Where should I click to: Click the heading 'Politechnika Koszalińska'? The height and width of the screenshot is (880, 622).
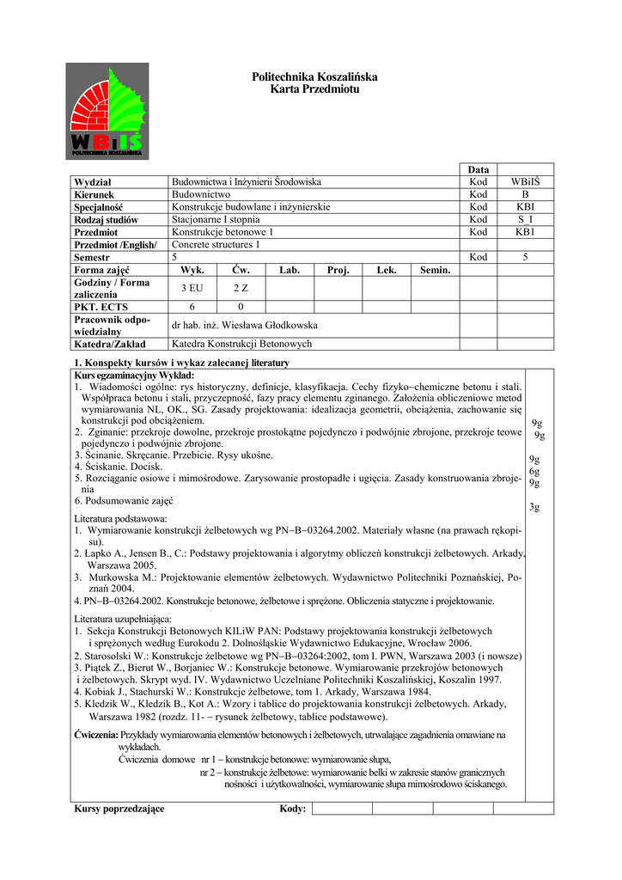[314, 77]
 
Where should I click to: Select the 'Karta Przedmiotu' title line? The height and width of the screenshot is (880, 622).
[314, 89]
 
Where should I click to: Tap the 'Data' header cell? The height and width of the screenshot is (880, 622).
[479, 170]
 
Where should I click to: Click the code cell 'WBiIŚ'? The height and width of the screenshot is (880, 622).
[526, 182]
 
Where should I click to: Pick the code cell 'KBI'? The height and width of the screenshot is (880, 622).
[526, 207]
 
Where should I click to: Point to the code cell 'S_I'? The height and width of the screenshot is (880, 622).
[526, 220]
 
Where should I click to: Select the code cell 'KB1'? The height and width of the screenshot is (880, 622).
[526, 232]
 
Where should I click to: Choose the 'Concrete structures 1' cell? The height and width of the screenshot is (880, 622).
[216, 245]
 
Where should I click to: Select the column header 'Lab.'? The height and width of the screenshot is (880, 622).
[290, 270]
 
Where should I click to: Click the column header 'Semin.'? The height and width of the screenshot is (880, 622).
[435, 270]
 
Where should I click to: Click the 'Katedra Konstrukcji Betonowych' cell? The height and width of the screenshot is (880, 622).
[242, 344]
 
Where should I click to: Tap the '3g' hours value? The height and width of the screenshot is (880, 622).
[534, 507]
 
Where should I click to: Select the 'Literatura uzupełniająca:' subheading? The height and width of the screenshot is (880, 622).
[123, 619]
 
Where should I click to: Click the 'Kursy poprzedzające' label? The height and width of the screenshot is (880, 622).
[119, 809]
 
